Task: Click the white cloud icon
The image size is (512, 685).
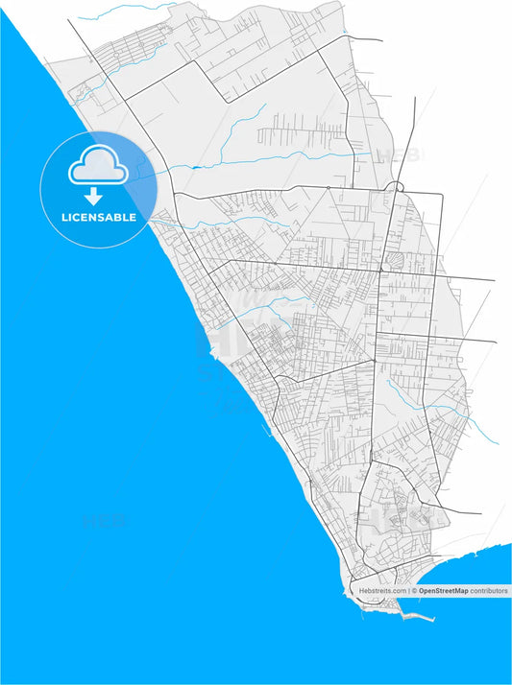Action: [98, 166]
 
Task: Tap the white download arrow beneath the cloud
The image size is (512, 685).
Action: [94, 197]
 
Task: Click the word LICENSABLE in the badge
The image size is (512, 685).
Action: [99, 218]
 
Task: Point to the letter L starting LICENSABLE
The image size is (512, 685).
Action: [64, 218]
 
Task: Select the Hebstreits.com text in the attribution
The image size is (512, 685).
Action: [382, 591]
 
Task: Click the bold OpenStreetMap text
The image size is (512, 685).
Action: [443, 591]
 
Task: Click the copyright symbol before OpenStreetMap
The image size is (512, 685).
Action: [414, 591]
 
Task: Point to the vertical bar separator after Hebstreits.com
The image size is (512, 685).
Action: [408, 591]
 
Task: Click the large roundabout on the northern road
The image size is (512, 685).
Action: [395, 186]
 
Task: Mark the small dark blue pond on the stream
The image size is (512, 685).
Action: [196, 168]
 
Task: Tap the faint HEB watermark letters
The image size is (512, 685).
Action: [396, 154]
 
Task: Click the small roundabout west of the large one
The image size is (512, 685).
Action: [328, 187]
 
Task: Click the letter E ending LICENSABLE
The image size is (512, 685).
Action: [132, 218]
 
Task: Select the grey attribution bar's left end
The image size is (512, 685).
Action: [354, 591]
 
